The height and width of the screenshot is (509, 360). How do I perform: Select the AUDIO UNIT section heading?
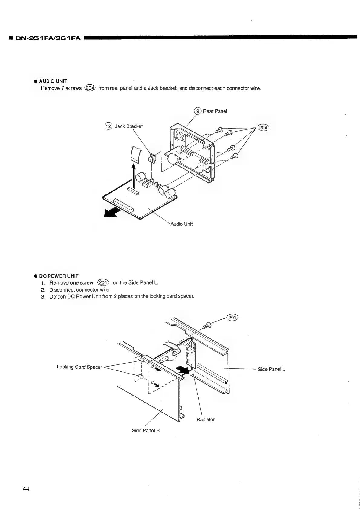(53, 81)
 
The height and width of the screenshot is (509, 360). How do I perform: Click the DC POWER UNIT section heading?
(58, 276)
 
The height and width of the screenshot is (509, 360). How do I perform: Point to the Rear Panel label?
(215, 111)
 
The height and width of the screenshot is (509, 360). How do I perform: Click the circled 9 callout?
(198, 111)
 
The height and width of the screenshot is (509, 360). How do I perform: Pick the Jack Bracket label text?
(128, 126)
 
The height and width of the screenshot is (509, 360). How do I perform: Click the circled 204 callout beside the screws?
(264, 128)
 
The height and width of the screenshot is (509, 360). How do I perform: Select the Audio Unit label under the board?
(181, 224)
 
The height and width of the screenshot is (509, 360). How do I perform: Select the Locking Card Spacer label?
(79, 367)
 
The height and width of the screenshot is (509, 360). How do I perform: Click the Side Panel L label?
(271, 369)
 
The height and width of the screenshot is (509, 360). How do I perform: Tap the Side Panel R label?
(146, 430)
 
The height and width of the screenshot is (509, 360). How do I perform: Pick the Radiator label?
(206, 419)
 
